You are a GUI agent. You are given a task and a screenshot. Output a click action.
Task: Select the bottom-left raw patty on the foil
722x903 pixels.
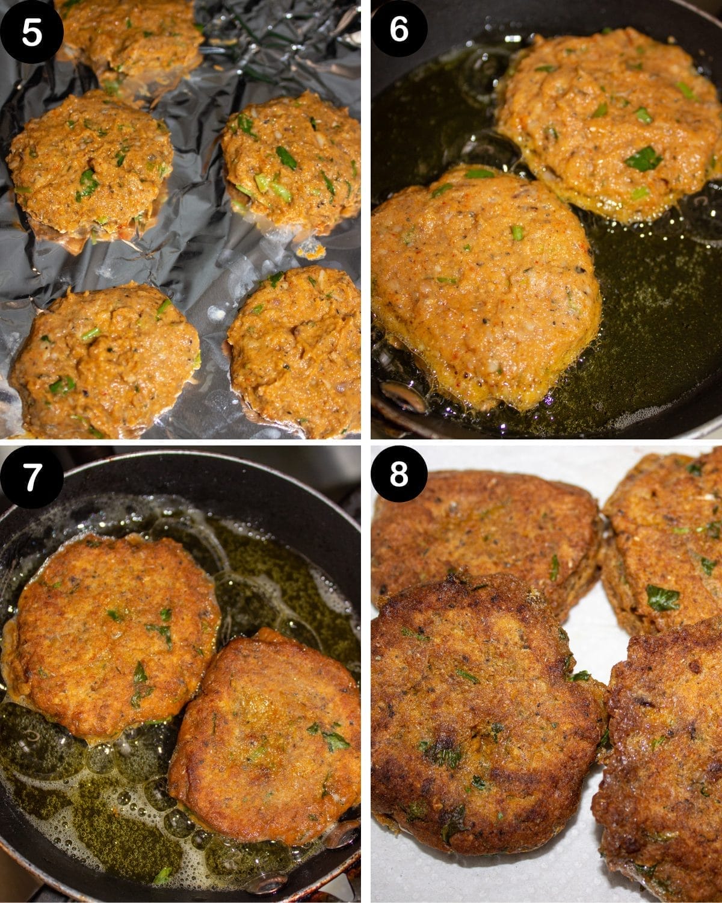(102, 361)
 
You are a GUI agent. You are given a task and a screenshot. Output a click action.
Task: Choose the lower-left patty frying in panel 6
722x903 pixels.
(481, 283)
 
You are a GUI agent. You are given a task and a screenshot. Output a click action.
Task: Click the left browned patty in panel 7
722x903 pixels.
(108, 632)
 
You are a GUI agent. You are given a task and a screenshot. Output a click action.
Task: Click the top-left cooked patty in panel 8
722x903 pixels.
(481, 536)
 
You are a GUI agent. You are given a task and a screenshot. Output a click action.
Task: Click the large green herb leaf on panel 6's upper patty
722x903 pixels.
(643, 158)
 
